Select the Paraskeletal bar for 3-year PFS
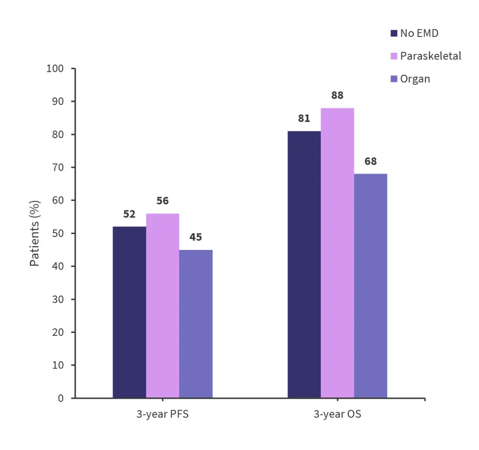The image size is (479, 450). pos(162,306)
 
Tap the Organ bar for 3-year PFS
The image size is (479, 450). pos(196,324)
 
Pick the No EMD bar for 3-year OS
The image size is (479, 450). pos(304,264)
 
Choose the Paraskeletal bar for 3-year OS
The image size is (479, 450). pos(337,253)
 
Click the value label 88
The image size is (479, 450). pos(337,95)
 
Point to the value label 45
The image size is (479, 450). pos(196,237)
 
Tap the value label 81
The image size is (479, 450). pos(304,118)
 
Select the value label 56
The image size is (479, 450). pos(162,201)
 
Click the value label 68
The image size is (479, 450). pos(370,161)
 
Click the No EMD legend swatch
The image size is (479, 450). pos(394,34)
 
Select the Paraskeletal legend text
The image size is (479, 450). pos(431,56)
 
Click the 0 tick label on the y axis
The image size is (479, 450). pos(60,398)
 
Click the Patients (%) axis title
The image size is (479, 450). pos(35,233)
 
